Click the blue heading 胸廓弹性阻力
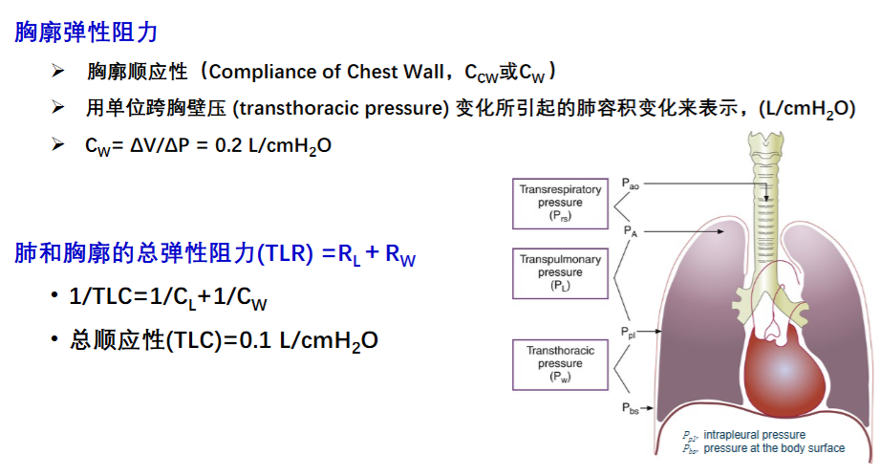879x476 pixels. [86, 32]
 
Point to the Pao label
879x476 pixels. [630, 184]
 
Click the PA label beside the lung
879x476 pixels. [631, 231]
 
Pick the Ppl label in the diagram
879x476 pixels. [629, 333]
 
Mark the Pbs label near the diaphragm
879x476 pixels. [630, 409]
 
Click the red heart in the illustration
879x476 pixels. [784, 370]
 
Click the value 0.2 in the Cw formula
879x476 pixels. [228, 146]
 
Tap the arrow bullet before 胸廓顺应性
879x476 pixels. [57, 71]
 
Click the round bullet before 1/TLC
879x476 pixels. [54, 295]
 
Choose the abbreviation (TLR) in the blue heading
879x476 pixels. [286, 253]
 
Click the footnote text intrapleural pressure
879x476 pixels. [755, 435]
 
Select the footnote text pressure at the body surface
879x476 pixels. [774, 448]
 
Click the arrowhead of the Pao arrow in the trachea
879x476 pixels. [765, 198]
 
